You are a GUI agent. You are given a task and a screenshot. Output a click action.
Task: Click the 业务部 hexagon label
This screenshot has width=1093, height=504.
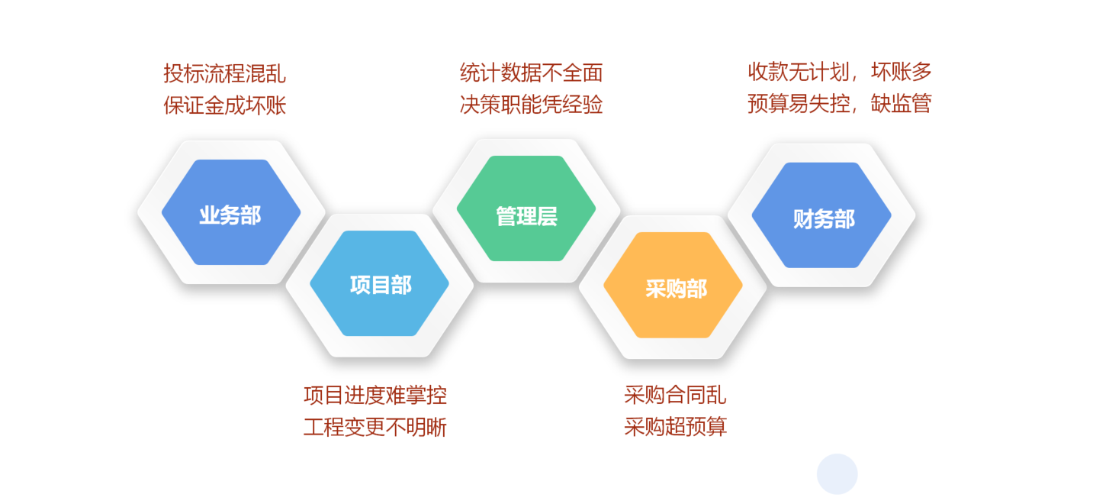click(x=230, y=215)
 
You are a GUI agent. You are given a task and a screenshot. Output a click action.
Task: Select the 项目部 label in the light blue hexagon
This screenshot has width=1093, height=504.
click(x=381, y=285)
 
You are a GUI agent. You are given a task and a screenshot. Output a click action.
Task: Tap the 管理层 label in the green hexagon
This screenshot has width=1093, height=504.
click(x=526, y=216)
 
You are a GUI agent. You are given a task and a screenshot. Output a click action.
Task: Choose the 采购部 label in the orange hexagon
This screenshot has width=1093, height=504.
click(x=677, y=289)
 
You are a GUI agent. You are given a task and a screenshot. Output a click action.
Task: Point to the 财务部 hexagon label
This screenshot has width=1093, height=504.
click(x=824, y=219)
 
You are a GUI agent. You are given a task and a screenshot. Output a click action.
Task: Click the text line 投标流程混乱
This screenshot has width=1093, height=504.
click(x=224, y=74)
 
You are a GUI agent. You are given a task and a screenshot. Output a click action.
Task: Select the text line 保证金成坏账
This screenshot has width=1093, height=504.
click(x=224, y=105)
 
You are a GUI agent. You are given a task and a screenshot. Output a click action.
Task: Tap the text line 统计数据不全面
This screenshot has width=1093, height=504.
click(x=532, y=73)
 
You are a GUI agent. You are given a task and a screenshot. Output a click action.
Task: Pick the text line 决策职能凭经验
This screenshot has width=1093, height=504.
click(x=532, y=105)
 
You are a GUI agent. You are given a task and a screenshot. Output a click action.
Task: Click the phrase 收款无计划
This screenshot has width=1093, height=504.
click(x=799, y=72)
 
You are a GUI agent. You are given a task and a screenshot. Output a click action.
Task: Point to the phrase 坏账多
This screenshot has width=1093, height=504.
click(x=902, y=72)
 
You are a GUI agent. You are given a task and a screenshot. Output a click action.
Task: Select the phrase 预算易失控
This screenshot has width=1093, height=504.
click(x=799, y=104)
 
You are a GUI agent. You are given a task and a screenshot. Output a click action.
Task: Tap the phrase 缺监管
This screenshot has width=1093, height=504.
click(x=902, y=104)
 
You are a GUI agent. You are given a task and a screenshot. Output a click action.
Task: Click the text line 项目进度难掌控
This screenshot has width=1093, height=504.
click(x=375, y=395)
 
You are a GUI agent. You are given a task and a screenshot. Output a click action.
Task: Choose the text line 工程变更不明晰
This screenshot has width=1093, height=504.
click(x=375, y=428)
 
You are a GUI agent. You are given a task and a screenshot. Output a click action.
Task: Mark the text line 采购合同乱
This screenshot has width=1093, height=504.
click(x=675, y=395)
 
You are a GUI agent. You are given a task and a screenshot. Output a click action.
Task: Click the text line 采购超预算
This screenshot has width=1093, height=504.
click(x=675, y=426)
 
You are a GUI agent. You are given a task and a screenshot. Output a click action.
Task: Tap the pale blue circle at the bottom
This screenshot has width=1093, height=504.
click(x=837, y=474)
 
